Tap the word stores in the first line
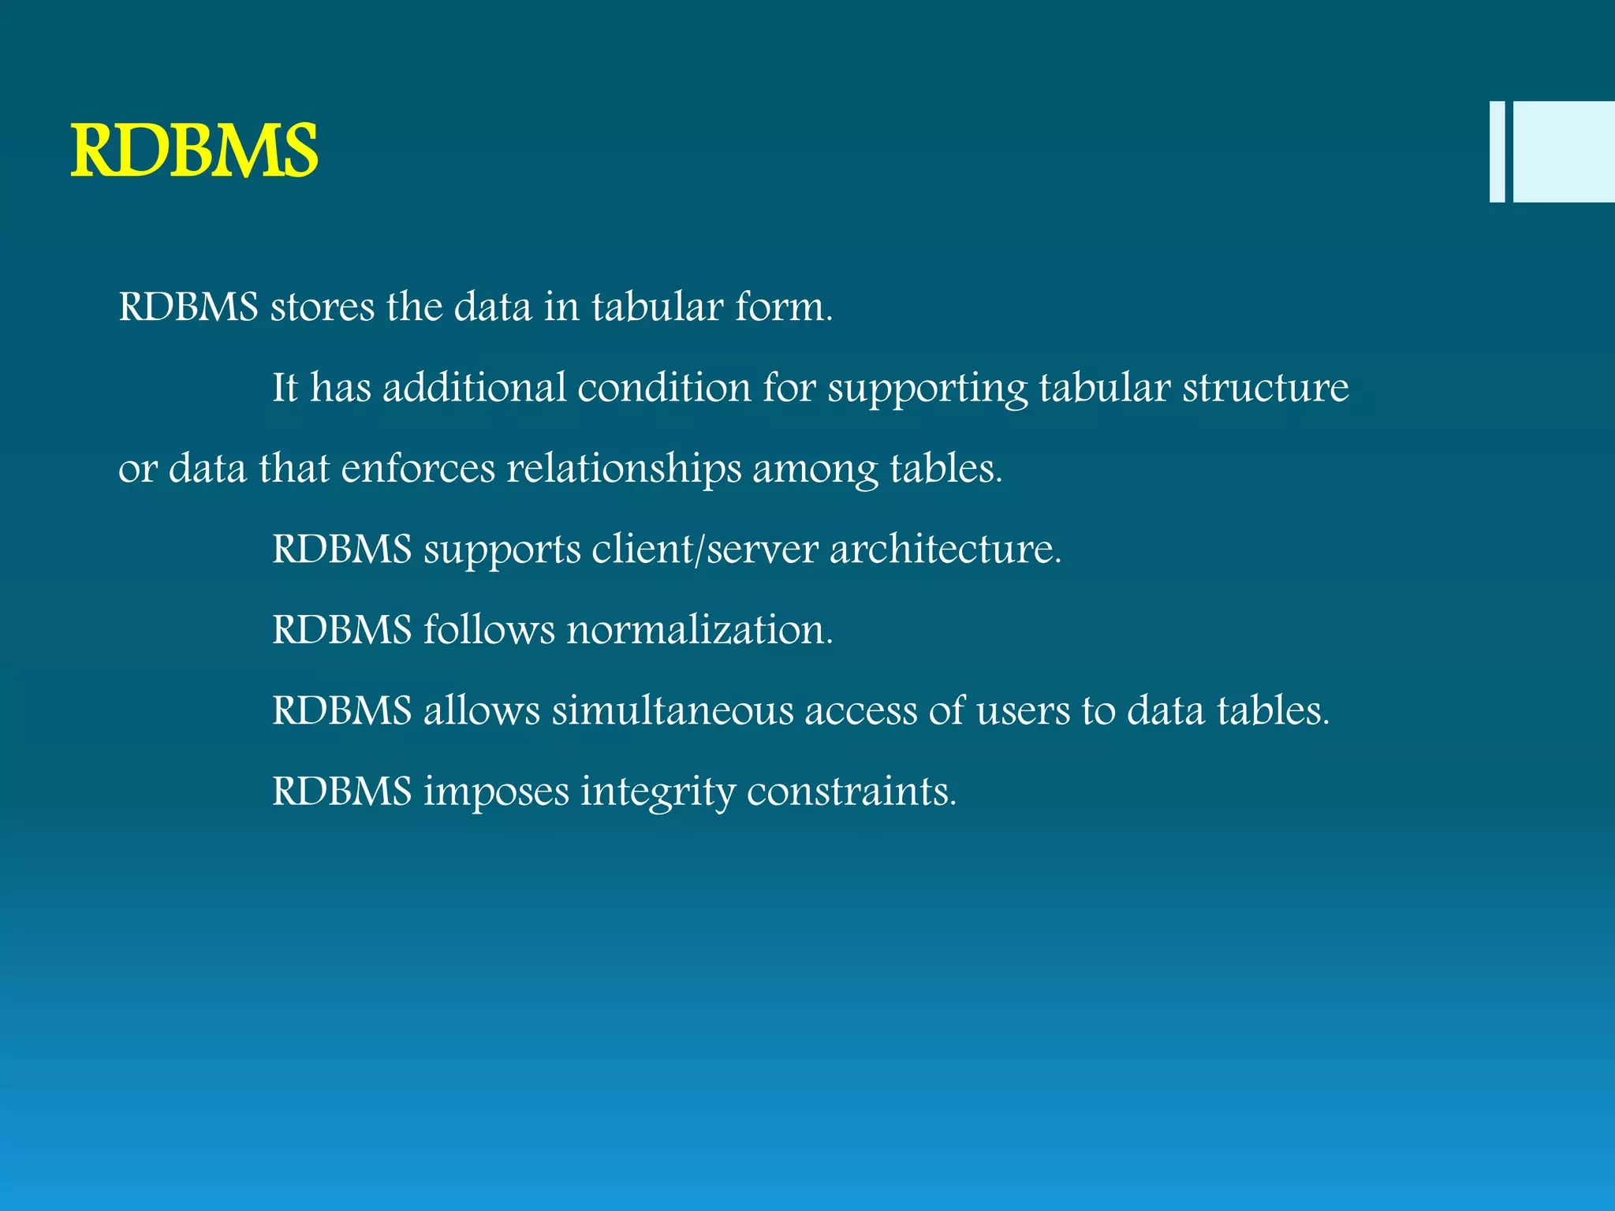click(323, 306)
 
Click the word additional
click(474, 387)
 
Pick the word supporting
click(927, 389)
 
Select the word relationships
click(624, 469)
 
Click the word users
click(1023, 710)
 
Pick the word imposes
click(496, 792)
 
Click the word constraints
click(851, 791)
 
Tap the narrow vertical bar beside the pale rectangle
click(1497, 151)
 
